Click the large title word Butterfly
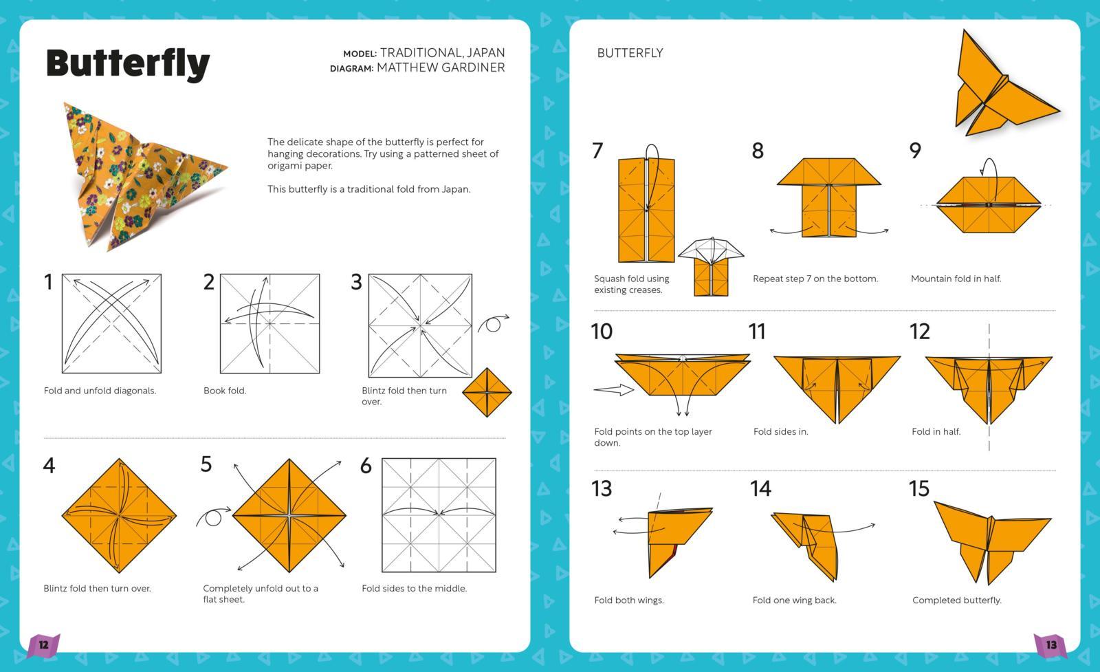pyautogui.click(x=128, y=63)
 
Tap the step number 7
pyautogui.click(x=597, y=151)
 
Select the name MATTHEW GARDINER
pyautogui.click(x=441, y=67)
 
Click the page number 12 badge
pyautogui.click(x=43, y=645)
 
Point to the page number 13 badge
pyautogui.click(x=1051, y=645)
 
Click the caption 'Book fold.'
pyautogui.click(x=225, y=391)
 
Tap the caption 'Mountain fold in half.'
pyautogui.click(x=956, y=279)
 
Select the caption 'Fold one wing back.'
pyautogui.click(x=794, y=600)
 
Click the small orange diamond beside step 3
pyautogui.click(x=487, y=393)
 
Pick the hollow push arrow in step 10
pyautogui.click(x=613, y=390)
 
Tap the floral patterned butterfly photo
pyautogui.click(x=141, y=175)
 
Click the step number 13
pyautogui.click(x=602, y=488)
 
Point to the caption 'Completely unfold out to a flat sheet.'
pyautogui.click(x=260, y=594)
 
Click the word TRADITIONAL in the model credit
pyautogui.click(x=421, y=52)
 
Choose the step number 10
pyautogui.click(x=602, y=332)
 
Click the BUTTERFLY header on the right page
pyautogui.click(x=630, y=53)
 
